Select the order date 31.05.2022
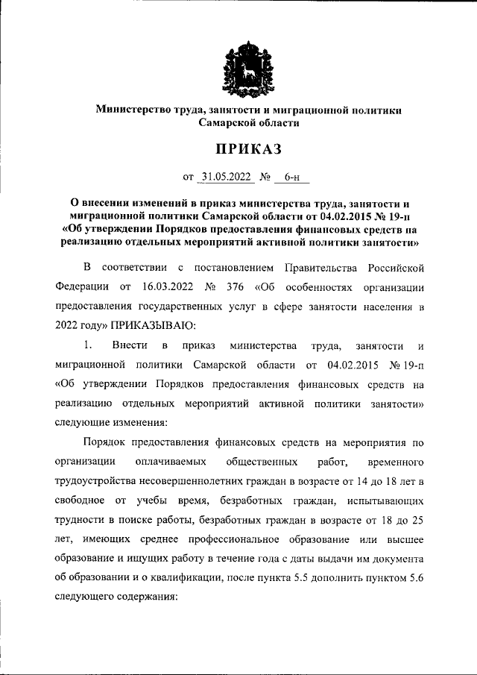click(x=228, y=178)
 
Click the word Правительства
click(x=330, y=267)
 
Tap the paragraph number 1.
click(x=87, y=345)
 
